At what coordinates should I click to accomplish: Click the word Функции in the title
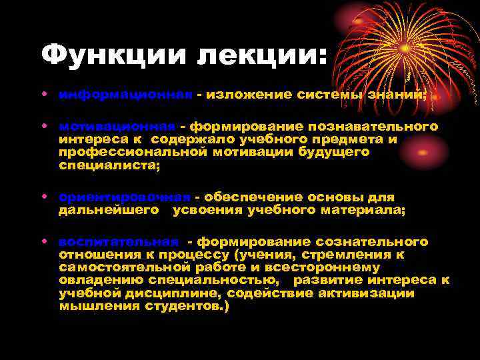click(x=114, y=55)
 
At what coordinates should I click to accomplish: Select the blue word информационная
click(x=126, y=95)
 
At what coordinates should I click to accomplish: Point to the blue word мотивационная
click(x=117, y=126)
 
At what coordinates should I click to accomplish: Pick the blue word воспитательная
click(x=119, y=242)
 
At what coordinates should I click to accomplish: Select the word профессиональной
click(x=137, y=152)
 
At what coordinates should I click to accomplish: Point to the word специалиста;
click(x=109, y=165)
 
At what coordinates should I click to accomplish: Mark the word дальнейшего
click(x=109, y=211)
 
